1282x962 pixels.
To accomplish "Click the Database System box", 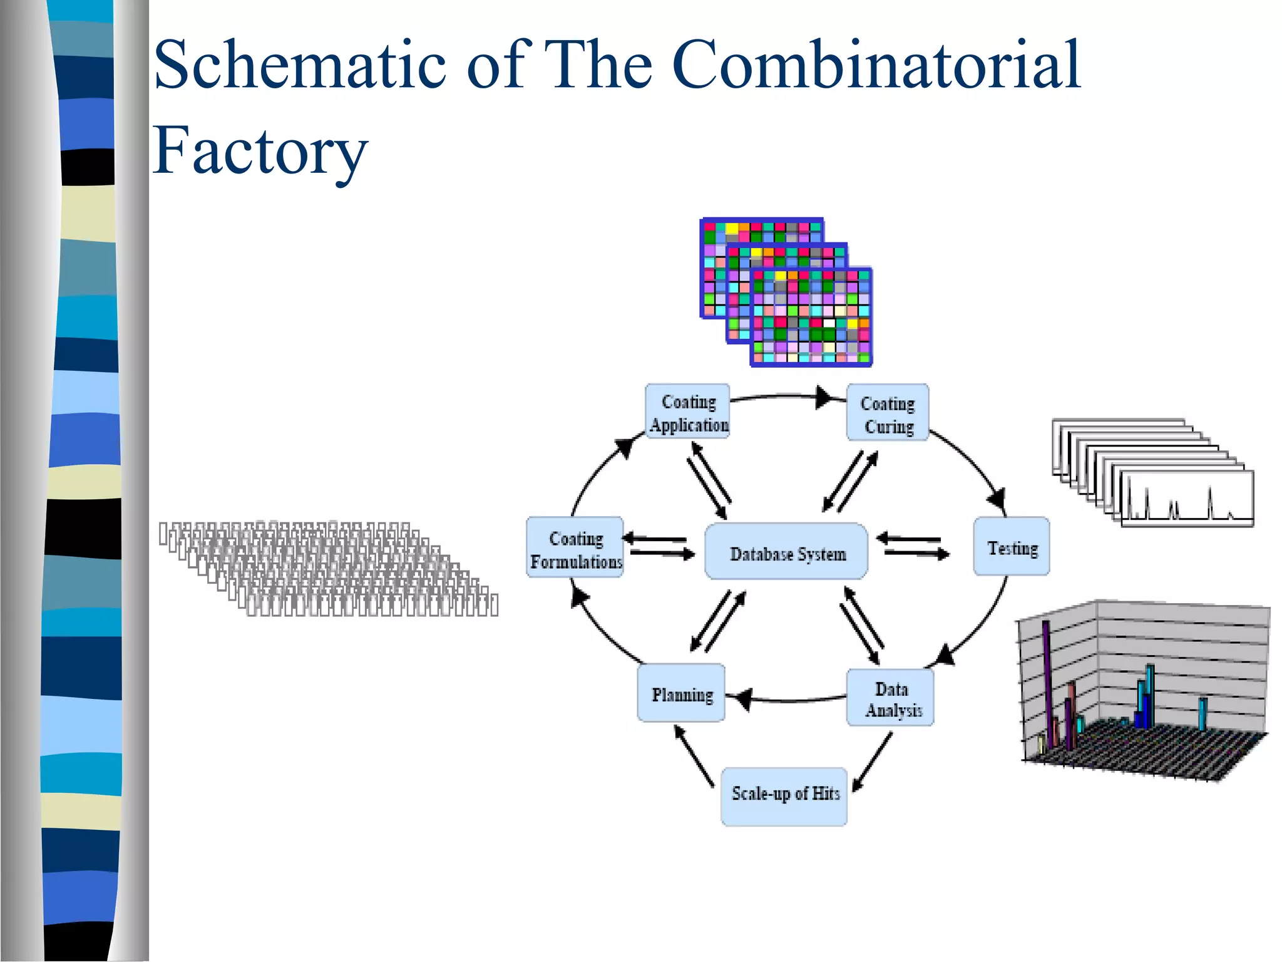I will pos(786,552).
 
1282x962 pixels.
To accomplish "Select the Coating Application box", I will pos(687,411).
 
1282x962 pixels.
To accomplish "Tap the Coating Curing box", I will pos(888,413).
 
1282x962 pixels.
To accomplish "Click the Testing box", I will pos(1011,546).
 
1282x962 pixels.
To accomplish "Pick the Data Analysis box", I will pos(890,698).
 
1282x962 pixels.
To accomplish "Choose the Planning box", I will pos(681,693).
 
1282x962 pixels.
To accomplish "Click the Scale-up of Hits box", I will pos(784,796).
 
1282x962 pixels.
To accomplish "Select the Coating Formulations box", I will pos(575,547).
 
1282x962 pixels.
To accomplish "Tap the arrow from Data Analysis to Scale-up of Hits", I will pos(873,762).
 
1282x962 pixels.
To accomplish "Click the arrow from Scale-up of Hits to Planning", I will pos(694,755).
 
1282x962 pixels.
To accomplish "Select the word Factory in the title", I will pos(260,151).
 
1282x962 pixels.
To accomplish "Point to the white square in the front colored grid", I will pos(829,323).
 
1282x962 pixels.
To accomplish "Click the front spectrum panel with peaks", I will pos(1187,499).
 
